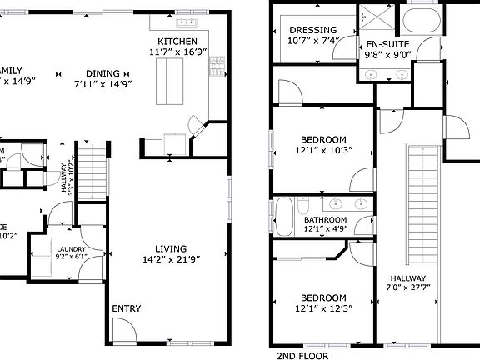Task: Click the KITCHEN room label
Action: click(177, 42)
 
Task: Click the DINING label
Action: click(102, 72)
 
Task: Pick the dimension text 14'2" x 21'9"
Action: click(170, 258)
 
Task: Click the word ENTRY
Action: click(127, 308)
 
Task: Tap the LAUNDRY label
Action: click(71, 249)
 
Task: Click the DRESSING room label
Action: click(312, 30)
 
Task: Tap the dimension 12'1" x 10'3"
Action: click(322, 151)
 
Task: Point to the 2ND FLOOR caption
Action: click(302, 354)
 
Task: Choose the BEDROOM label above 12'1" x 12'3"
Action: click(322, 297)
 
